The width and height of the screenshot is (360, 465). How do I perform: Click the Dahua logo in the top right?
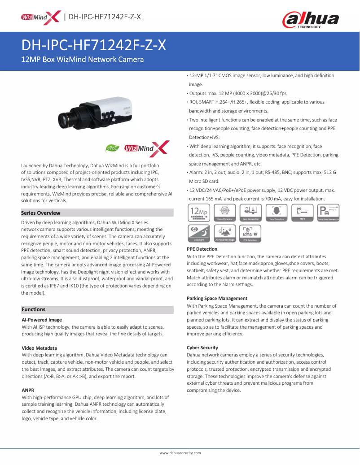(x=310, y=19)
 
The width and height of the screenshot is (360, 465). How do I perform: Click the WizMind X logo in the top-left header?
(x=40, y=17)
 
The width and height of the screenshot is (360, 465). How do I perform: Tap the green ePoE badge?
(x=111, y=148)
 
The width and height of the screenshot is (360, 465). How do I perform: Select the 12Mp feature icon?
(x=199, y=213)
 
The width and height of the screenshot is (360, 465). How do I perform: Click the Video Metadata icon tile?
(x=225, y=213)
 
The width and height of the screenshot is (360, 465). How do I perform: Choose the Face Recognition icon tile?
(x=251, y=213)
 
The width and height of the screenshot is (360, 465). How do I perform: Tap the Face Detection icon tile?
(x=277, y=213)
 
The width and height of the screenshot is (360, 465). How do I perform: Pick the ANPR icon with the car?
(x=303, y=213)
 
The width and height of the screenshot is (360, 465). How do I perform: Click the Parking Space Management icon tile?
(x=328, y=213)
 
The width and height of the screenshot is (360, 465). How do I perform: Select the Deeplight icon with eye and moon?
(x=199, y=233)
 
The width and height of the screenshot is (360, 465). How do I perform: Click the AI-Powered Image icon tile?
(x=225, y=233)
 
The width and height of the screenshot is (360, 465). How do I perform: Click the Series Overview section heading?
(x=41, y=213)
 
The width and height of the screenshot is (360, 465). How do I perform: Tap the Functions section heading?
(x=34, y=309)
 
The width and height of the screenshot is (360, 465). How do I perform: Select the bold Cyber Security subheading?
(x=202, y=348)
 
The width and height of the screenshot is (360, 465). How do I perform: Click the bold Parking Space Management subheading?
(x=217, y=298)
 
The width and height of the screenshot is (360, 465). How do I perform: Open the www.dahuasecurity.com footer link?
(x=180, y=453)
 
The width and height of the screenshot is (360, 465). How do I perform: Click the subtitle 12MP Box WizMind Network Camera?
(x=83, y=59)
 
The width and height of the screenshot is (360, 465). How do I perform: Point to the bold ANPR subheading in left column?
(x=28, y=390)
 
